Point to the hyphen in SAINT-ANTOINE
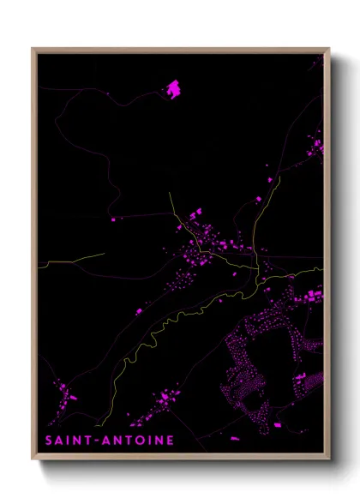[101, 441]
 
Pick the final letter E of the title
[171, 441]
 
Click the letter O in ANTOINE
[141, 441]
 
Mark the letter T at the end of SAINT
[93, 441]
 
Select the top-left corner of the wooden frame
[33, 48]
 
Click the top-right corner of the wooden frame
[329, 48]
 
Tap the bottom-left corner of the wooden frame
[33, 459]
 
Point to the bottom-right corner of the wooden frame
[329, 459]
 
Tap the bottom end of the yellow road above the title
[99, 423]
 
